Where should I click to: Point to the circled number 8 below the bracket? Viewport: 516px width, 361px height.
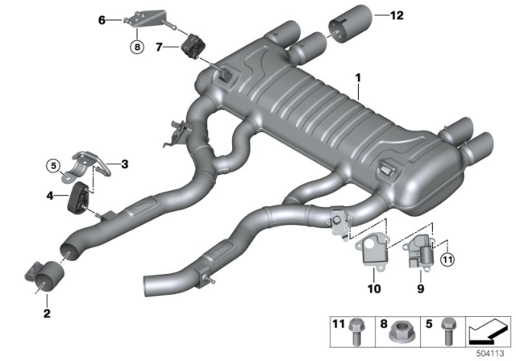pyautogui.click(x=136, y=48)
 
